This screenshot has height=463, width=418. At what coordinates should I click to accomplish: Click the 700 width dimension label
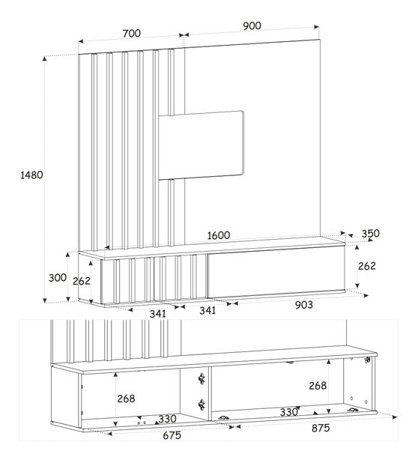(132, 34)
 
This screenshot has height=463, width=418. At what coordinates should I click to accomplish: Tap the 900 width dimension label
(252, 26)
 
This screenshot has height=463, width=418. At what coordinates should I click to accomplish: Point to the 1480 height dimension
(31, 175)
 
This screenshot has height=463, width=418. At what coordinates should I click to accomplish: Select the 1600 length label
(219, 235)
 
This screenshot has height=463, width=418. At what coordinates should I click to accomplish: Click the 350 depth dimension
(371, 234)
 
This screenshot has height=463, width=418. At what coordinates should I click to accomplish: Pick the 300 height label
(58, 278)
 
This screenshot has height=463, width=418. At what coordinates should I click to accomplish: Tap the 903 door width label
(303, 305)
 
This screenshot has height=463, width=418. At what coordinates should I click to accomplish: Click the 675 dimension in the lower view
(172, 435)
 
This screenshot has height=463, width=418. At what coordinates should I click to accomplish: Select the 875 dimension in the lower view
(321, 428)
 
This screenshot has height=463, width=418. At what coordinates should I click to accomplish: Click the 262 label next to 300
(82, 281)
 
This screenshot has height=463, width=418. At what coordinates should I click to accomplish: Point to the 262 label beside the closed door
(367, 266)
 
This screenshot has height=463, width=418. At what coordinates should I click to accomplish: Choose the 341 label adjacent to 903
(208, 310)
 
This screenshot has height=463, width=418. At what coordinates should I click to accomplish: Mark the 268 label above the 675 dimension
(126, 399)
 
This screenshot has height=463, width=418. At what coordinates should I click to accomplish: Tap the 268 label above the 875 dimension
(318, 385)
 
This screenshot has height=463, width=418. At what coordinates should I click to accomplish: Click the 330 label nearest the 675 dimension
(167, 419)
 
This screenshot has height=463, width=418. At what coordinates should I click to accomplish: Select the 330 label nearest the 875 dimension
(288, 412)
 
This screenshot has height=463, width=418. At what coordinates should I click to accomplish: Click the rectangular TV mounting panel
(202, 145)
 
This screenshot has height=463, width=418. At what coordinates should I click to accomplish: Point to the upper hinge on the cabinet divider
(202, 378)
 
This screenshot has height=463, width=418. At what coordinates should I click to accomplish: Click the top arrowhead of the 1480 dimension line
(45, 58)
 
